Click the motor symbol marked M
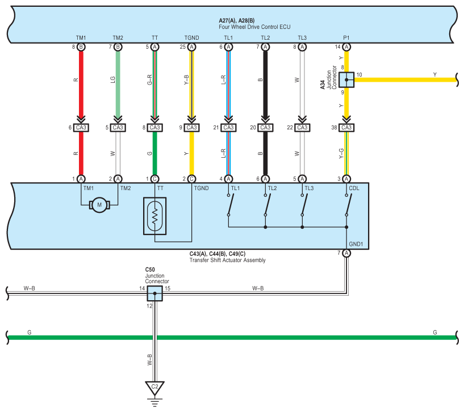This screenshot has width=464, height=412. (99, 205)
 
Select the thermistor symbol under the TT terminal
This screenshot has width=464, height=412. (155, 216)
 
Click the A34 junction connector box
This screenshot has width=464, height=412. (346, 80)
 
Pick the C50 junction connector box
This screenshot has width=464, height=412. (155, 293)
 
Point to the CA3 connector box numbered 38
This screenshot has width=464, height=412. (346, 128)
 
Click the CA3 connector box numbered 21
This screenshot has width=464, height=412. (228, 128)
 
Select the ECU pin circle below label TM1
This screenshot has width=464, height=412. (81, 47)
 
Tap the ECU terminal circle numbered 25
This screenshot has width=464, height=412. (192, 47)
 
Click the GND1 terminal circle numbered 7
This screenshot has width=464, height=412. (346, 253)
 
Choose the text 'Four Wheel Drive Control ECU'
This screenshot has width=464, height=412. (254, 27)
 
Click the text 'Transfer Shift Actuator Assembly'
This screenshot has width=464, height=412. (228, 260)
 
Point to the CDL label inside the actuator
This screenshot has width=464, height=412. (354, 188)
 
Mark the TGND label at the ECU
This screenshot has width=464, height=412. (192, 38)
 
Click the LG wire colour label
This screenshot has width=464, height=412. (113, 79)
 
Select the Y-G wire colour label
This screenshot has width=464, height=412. (341, 153)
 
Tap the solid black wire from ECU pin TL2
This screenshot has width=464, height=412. (265, 83)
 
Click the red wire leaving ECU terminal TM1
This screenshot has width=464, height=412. (81, 83)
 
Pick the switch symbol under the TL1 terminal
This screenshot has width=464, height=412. (230, 205)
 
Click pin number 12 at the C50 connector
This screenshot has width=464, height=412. (149, 306)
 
